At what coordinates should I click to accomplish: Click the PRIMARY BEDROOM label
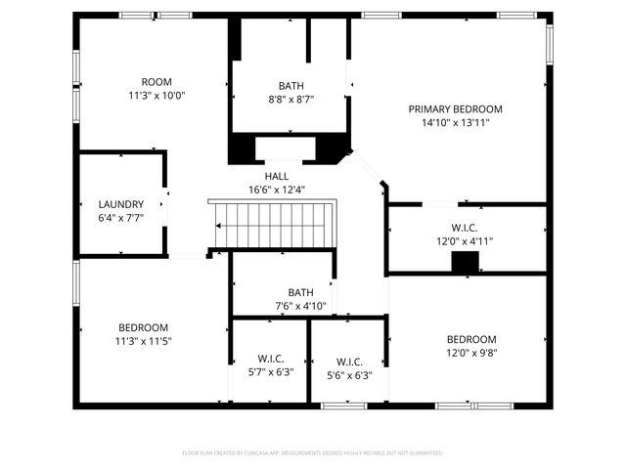pos(455,108)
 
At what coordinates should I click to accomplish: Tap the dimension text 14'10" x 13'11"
pos(455,123)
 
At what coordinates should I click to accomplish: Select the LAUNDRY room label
pos(121,204)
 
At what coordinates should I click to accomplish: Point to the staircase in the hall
pos(273,224)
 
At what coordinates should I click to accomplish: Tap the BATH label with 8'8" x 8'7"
pos(291,85)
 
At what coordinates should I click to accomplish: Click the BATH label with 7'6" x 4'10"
pos(300,292)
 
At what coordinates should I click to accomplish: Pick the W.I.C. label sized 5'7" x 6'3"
pos(270,360)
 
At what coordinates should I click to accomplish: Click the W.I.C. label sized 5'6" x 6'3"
pos(349,361)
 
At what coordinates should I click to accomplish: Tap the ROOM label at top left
pos(156,82)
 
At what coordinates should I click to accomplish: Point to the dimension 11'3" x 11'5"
pos(144,341)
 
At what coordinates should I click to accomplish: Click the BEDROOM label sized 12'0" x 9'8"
pos(471,339)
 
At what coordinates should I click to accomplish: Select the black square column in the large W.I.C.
pos(466,261)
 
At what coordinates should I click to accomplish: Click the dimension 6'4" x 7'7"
pos(121,218)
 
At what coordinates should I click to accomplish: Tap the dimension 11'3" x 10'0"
pos(156,96)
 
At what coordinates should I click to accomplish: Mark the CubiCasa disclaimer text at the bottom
pos(313,452)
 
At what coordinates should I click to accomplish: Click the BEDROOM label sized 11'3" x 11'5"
pos(144,327)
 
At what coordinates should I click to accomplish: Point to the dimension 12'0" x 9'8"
pos(471,353)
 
